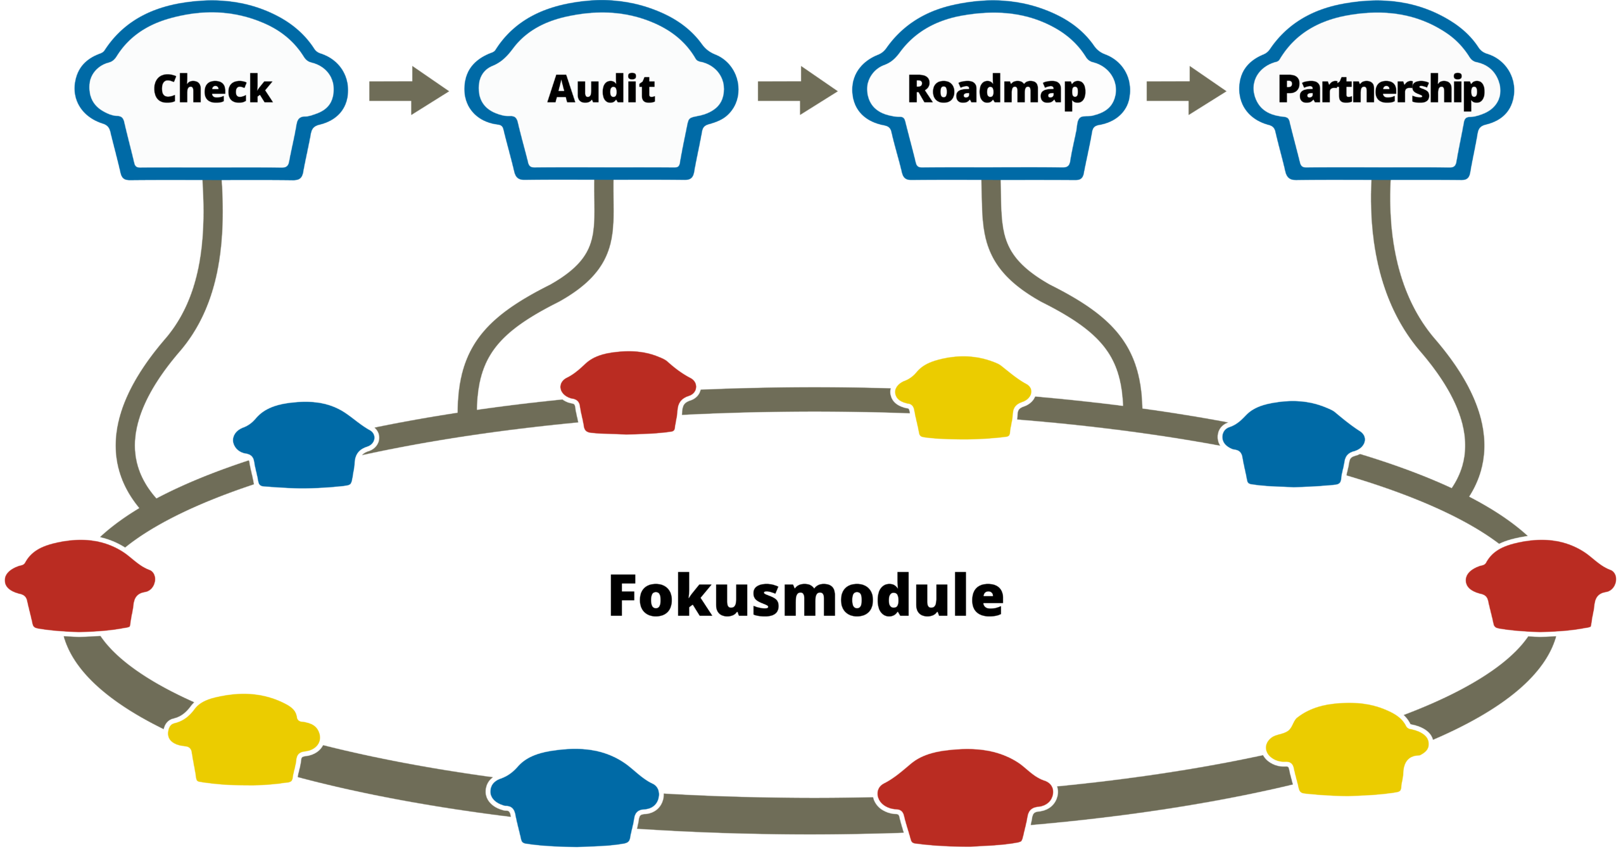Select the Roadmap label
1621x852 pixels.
tap(997, 90)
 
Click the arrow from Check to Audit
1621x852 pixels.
tap(409, 91)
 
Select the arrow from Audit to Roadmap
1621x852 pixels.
tap(798, 91)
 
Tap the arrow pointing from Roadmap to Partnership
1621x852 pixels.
tap(1186, 91)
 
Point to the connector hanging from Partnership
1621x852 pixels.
tap(1412, 316)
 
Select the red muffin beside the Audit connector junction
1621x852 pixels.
tap(628, 392)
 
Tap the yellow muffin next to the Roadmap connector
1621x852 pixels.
tap(963, 399)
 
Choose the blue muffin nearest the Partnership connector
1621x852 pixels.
tap(1294, 444)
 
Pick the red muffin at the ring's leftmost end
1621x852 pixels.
tap(80, 585)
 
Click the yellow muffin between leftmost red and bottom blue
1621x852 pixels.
tap(244, 739)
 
